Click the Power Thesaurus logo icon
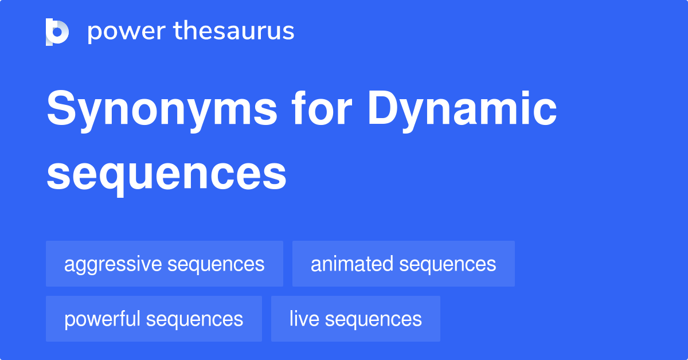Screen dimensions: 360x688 pyautogui.click(x=57, y=32)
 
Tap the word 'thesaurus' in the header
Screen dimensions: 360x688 pyautogui.click(x=234, y=32)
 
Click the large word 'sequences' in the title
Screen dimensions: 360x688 pyautogui.click(x=166, y=174)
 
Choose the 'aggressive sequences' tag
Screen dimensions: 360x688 pyautogui.click(x=165, y=264)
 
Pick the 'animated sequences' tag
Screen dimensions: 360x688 pyautogui.click(x=403, y=264)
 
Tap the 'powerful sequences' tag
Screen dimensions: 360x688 pyautogui.click(x=154, y=319)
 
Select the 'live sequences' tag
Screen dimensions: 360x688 pyautogui.click(x=355, y=319)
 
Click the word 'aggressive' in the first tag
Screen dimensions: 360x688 pyautogui.click(x=113, y=264)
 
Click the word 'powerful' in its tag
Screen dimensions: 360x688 pyautogui.click(x=103, y=319)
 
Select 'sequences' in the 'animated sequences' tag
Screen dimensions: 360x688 pyautogui.click(x=448, y=264)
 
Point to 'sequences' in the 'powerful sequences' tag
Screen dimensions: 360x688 pyautogui.click(x=194, y=319)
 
